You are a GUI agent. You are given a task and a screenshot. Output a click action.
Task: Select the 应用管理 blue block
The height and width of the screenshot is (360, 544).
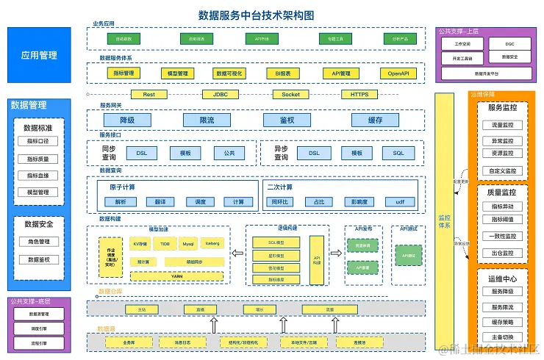click(x=39, y=55)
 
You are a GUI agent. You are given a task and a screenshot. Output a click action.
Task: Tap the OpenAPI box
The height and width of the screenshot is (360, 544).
click(x=398, y=73)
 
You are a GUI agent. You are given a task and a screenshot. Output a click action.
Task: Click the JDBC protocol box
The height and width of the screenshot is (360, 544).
click(x=220, y=95)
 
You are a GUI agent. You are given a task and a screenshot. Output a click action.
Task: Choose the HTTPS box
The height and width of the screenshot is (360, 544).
click(x=359, y=95)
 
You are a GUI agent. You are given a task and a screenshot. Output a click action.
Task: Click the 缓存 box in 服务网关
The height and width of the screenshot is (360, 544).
click(x=375, y=120)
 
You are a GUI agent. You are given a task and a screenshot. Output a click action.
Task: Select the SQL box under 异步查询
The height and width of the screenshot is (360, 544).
click(x=398, y=153)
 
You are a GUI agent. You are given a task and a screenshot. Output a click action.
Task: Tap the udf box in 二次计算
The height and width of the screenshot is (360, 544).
click(x=400, y=201)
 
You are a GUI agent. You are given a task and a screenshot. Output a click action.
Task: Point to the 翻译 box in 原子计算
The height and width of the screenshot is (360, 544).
click(x=160, y=201)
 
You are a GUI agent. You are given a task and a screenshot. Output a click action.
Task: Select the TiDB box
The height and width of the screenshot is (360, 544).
click(x=165, y=242)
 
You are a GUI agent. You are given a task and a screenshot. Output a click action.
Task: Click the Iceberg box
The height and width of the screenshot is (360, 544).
click(x=212, y=242)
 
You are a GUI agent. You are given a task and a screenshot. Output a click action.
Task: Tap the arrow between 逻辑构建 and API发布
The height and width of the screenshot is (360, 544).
click(x=335, y=253)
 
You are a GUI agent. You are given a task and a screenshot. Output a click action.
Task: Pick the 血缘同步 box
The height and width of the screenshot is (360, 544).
click(x=194, y=261)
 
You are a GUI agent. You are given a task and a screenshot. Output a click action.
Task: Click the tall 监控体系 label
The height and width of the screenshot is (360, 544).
click(x=444, y=220)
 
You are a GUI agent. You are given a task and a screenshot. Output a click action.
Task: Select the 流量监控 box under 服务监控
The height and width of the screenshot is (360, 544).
click(x=503, y=125)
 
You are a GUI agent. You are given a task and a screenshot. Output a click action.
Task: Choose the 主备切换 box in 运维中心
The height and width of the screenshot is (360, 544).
click(x=503, y=337)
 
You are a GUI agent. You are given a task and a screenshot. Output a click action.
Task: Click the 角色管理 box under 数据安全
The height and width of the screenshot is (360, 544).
click(x=39, y=242)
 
